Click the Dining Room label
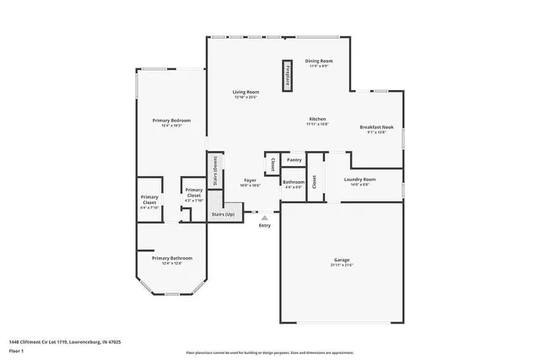319,61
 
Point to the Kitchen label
316,120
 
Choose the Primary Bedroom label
171,121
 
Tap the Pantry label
294,159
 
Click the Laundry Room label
359,180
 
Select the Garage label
341,260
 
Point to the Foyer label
251,180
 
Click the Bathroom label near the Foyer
293,182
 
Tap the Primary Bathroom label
172,258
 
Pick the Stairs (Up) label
223,215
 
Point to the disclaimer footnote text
270,352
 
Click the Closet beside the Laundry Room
315,179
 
